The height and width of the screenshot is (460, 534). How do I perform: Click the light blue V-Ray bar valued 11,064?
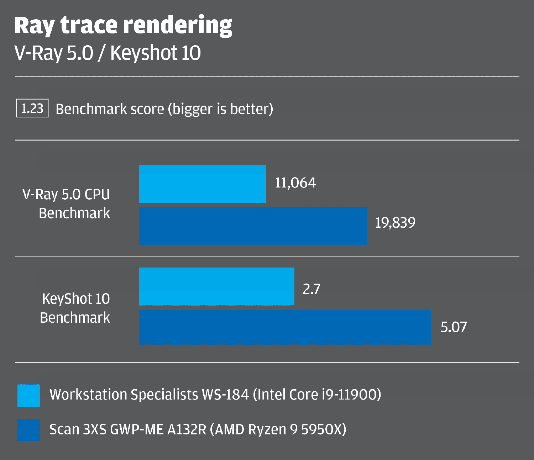pyautogui.click(x=202, y=184)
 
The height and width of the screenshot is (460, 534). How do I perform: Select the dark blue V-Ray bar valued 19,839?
pyautogui.click(x=253, y=226)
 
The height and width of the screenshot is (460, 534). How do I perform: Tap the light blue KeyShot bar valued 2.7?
pyautogui.click(x=216, y=286)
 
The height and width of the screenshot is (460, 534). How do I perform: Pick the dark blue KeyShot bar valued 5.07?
pyautogui.click(x=285, y=327)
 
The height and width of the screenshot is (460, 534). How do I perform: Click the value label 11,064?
pyautogui.click(x=295, y=183)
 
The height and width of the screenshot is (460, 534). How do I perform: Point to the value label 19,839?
pyautogui.click(x=395, y=223)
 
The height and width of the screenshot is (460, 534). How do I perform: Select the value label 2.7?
pyautogui.click(x=311, y=289)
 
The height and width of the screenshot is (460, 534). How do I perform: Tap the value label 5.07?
pyautogui.click(x=454, y=327)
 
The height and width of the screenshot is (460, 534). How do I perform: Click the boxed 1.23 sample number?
pyautogui.click(x=32, y=109)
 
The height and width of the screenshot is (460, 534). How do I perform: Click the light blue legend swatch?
pyautogui.click(x=28, y=395)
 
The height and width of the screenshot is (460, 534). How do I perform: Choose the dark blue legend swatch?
pyautogui.click(x=28, y=430)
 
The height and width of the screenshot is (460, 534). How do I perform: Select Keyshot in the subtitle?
pyautogui.click(x=143, y=53)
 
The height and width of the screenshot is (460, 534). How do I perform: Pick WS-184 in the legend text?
pyautogui.click(x=225, y=395)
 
